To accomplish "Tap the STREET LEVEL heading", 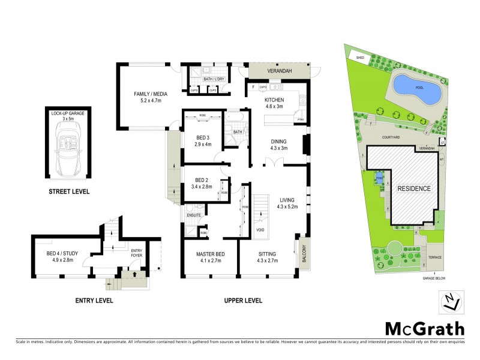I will pyautogui.click(x=69, y=192).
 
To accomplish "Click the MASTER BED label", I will pyautogui.click(x=209, y=254).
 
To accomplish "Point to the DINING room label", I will pyautogui.click(x=279, y=142).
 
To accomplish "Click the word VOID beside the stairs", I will pyautogui.click(x=260, y=229).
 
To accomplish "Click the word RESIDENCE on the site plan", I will pyautogui.click(x=413, y=188).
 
